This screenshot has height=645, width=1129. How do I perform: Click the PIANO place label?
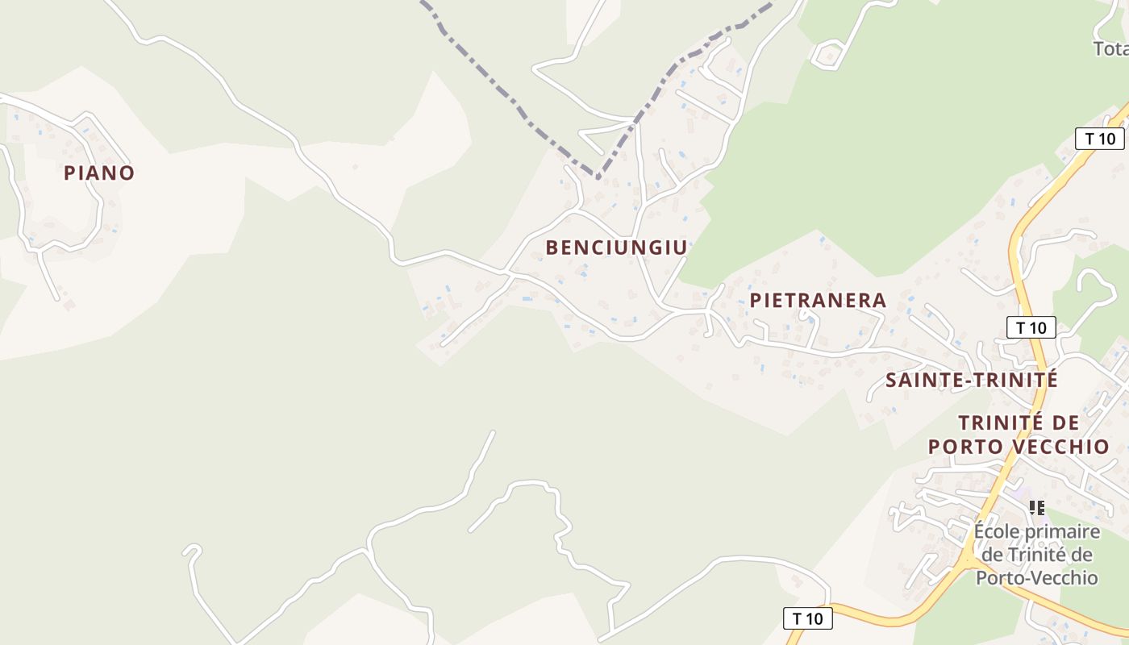[x=98, y=173]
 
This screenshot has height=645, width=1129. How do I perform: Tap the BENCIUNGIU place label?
[x=616, y=248]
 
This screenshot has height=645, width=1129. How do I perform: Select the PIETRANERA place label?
[x=818, y=301]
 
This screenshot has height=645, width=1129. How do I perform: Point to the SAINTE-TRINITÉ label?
[x=971, y=380]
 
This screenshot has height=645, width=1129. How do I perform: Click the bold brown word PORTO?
[x=964, y=447]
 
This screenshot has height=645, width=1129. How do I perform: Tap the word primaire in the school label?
[x=1066, y=532]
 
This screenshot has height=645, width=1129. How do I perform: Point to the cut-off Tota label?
[x=1110, y=49]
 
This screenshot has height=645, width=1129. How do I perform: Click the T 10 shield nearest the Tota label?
[x=1100, y=139]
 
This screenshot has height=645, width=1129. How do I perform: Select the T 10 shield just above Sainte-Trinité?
[x=1031, y=327]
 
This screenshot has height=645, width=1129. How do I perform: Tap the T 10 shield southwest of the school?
[x=808, y=618]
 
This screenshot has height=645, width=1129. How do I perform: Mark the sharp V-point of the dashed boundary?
[x=598, y=176]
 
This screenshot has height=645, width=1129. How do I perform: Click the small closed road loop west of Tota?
[x=827, y=55]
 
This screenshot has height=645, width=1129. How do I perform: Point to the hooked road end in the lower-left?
[x=191, y=551]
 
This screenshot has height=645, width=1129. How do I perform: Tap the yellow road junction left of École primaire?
[x=966, y=558]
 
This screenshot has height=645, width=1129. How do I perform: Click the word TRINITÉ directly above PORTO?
[x=998, y=422]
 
